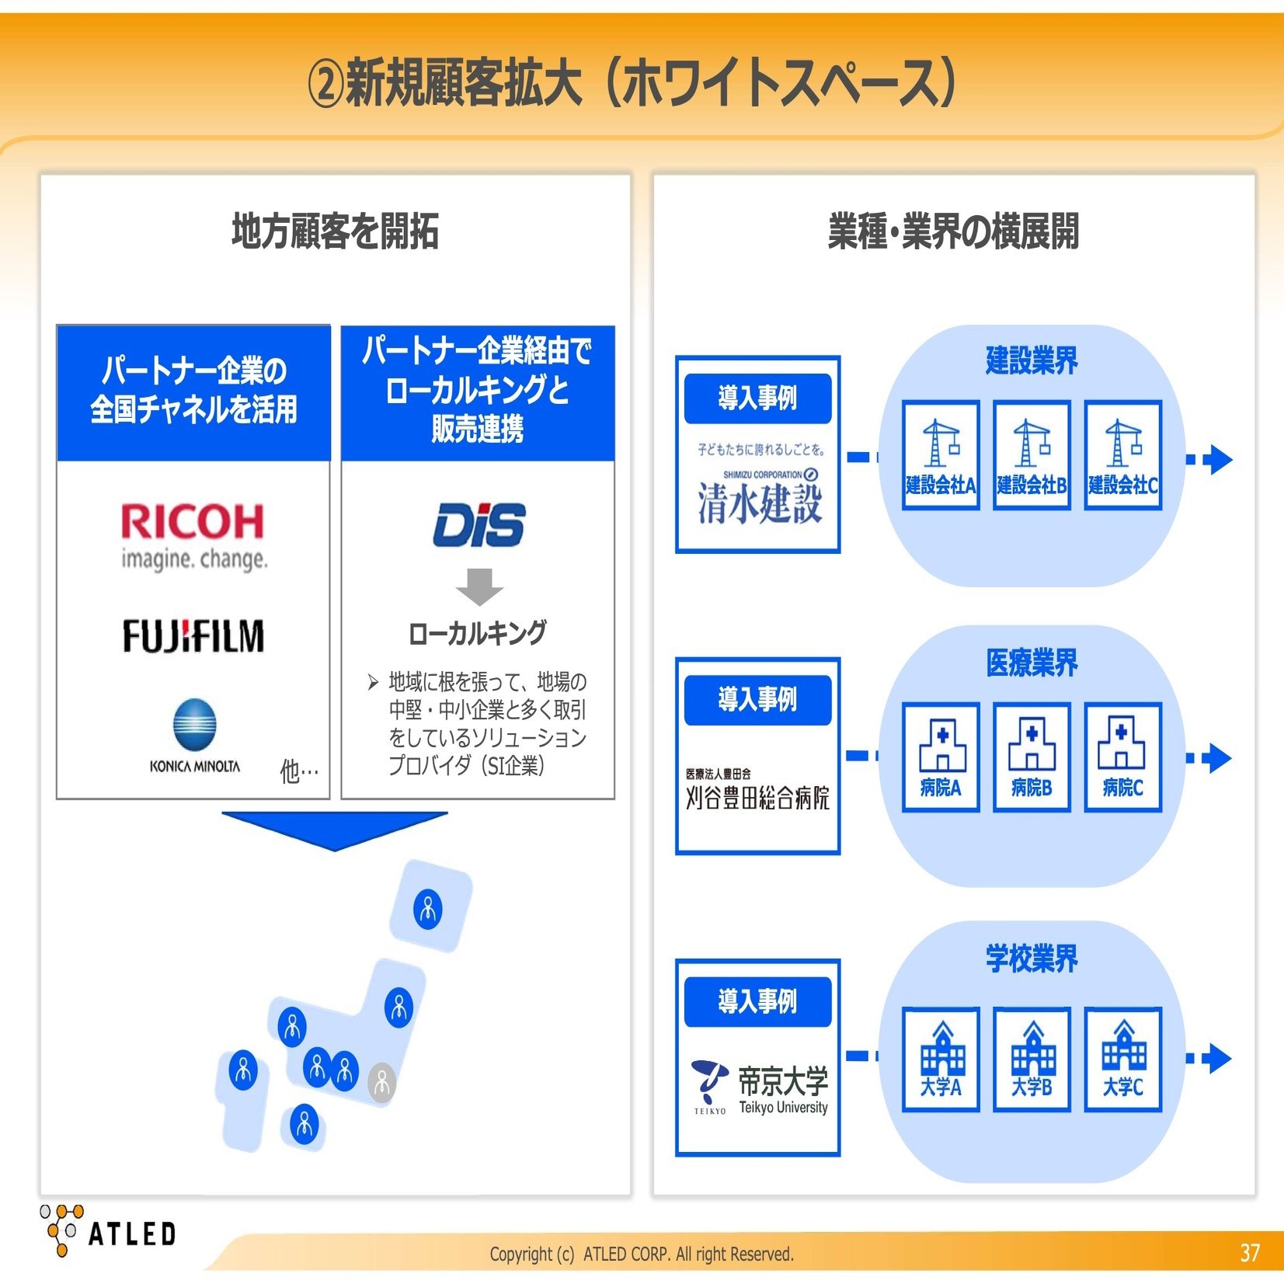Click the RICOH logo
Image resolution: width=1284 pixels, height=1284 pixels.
193,536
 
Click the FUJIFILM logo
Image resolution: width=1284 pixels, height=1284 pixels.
193,635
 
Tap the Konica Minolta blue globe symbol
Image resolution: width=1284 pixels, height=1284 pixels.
194,723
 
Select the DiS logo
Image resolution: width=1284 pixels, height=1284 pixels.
478,525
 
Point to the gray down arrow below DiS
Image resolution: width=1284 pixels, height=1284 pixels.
479,586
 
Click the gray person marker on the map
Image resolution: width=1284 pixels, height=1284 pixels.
381,1081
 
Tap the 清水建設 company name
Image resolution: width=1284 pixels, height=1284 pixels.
759,503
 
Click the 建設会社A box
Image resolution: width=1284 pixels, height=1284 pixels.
940,455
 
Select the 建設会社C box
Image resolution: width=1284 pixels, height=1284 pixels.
1122,455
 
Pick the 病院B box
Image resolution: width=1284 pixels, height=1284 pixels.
1032,757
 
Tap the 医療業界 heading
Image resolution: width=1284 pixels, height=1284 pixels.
1032,663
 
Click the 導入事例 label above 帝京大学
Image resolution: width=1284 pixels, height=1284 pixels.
757,1001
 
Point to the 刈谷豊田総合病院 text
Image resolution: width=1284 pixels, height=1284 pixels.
757,798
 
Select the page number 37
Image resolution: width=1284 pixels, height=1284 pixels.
1249,1253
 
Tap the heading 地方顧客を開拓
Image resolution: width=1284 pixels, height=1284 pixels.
335,231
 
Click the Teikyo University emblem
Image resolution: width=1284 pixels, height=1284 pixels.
709,1083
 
